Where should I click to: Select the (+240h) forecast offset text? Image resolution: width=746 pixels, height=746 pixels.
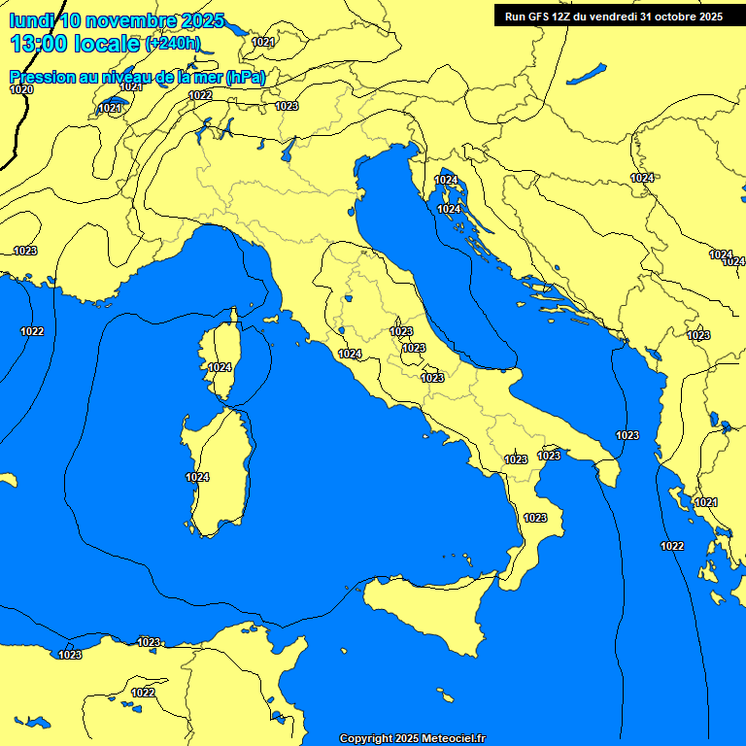coord(172,44)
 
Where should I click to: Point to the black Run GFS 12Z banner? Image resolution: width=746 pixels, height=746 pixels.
coord(613,16)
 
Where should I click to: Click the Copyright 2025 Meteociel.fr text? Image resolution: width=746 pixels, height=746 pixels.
coord(412,738)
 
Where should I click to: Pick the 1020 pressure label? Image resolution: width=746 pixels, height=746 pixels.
coord(21,90)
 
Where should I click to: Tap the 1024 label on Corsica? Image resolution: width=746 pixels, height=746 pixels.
coord(220,368)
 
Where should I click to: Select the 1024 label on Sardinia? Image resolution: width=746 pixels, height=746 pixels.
coord(197,477)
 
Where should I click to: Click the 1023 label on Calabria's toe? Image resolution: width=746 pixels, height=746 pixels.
coord(535,518)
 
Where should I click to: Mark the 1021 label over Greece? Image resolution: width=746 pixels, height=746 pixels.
coord(705,502)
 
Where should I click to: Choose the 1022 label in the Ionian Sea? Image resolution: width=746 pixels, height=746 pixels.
coord(672,546)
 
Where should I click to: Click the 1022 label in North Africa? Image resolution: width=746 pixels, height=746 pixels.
coord(143,693)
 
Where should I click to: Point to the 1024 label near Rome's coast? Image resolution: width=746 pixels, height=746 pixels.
coord(350,355)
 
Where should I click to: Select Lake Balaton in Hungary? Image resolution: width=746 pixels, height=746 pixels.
coord(587,74)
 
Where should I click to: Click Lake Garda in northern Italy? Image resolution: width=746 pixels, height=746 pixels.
coord(288,150)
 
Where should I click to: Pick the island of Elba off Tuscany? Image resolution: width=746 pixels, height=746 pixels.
coord(273,319)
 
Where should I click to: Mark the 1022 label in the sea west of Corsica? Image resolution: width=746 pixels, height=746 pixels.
coord(32,331)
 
